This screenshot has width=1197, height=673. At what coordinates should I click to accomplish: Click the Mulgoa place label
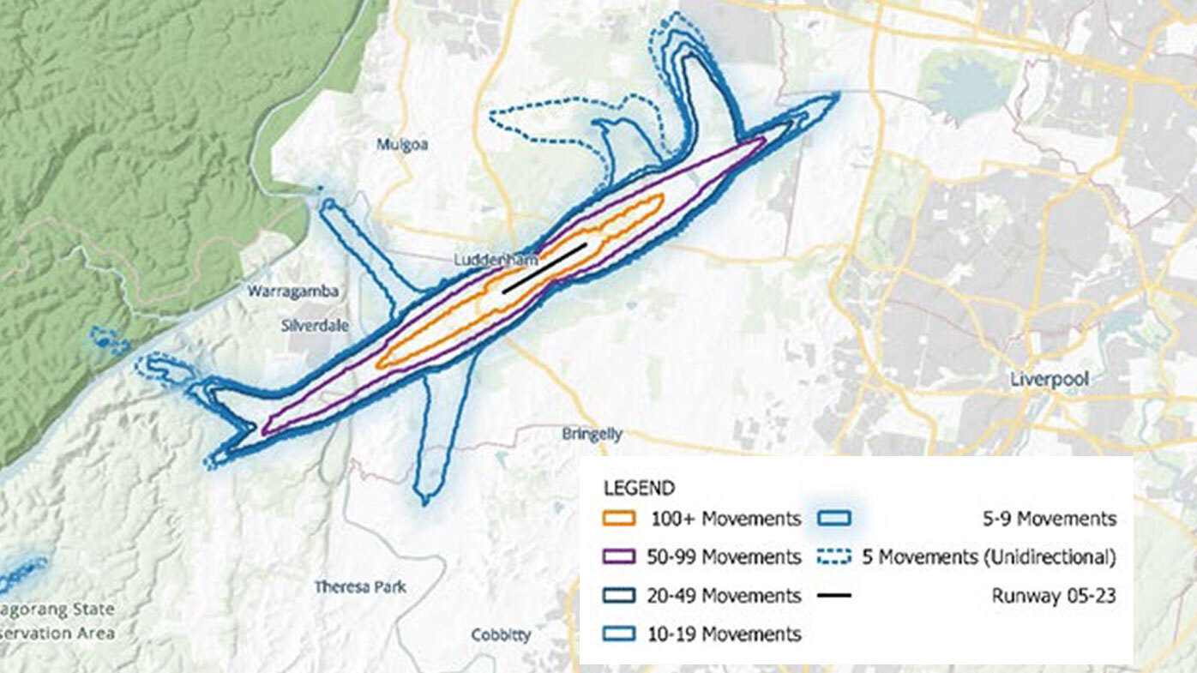pyautogui.click(x=402, y=145)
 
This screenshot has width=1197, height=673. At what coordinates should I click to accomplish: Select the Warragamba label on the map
pyautogui.click(x=293, y=291)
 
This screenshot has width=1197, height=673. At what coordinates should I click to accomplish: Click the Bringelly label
pyautogui.click(x=592, y=435)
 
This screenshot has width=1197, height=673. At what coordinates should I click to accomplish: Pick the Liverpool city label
pyautogui.click(x=1049, y=379)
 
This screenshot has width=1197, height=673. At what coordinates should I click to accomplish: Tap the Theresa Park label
pyautogui.click(x=360, y=587)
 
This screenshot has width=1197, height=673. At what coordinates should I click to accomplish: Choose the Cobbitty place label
pyautogui.click(x=501, y=635)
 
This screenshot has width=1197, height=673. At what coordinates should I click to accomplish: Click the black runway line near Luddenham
pyautogui.click(x=544, y=267)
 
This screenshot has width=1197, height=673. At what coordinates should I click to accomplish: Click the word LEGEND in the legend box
pyautogui.click(x=639, y=489)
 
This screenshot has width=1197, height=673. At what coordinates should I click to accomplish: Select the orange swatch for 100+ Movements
pyautogui.click(x=619, y=519)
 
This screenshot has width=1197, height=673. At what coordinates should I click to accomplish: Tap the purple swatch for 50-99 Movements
pyautogui.click(x=619, y=557)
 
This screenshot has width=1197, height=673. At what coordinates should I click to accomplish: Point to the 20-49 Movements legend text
pyautogui.click(x=725, y=596)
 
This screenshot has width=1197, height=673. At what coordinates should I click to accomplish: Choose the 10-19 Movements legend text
pyautogui.click(x=725, y=634)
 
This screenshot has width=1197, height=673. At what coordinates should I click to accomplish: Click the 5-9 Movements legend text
pyautogui.click(x=1049, y=519)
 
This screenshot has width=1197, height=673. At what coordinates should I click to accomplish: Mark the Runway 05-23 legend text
pyautogui.click(x=1054, y=596)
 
